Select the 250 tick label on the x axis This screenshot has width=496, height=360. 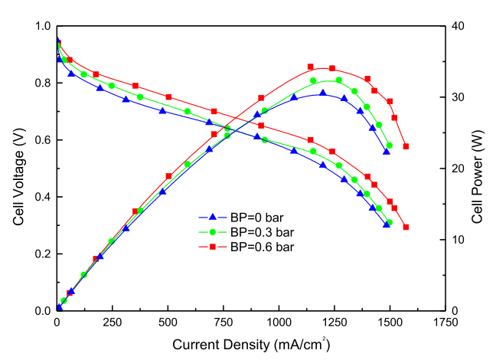[112, 322]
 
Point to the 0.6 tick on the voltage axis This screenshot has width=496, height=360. [43, 140]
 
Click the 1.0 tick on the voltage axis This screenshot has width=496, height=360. [43, 26]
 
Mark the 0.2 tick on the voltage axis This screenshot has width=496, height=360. [43, 254]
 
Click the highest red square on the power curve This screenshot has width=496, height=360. [310, 67]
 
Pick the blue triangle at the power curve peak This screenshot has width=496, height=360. [322, 93]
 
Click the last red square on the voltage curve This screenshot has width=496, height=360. [406, 227]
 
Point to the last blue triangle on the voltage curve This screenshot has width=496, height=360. [387, 224]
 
